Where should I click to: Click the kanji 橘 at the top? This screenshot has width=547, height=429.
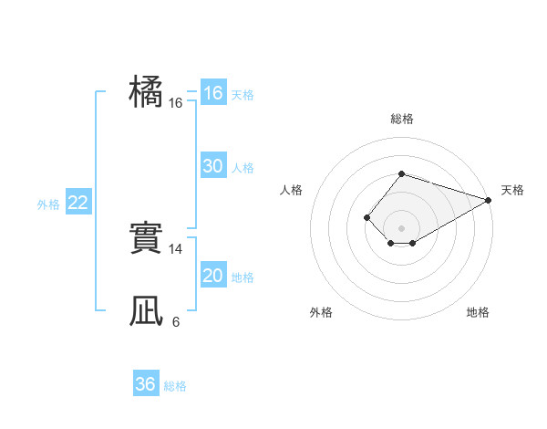[146, 91]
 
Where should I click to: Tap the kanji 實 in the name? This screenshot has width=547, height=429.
[146, 240]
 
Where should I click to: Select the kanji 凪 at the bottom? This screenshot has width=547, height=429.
[146, 312]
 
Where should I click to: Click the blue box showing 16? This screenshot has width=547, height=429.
[212, 93]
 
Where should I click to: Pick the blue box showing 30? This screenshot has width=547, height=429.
[212, 166]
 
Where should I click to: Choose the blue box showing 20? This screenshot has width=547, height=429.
[212, 276]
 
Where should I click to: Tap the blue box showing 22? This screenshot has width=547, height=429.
[77, 203]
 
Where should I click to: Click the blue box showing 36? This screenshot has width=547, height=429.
[145, 384]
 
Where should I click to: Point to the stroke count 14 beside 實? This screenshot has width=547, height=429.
[176, 248]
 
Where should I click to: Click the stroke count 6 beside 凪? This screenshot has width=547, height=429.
[176, 321]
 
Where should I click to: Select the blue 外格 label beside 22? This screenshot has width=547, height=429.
[48, 204]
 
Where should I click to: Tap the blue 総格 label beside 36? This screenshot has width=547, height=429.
[175, 386]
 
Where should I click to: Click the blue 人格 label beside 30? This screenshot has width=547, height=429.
[243, 168]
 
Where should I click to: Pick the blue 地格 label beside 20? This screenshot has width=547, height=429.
[243, 277]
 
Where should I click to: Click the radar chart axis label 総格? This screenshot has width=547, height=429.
[401, 119]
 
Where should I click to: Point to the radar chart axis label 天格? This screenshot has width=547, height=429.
[512, 190]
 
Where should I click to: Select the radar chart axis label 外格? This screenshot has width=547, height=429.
[321, 312]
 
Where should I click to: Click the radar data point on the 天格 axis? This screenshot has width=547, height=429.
[489, 200]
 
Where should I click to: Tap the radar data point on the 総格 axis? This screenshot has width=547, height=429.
[401, 173]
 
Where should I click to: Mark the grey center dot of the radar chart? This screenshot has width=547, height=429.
[401, 228]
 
